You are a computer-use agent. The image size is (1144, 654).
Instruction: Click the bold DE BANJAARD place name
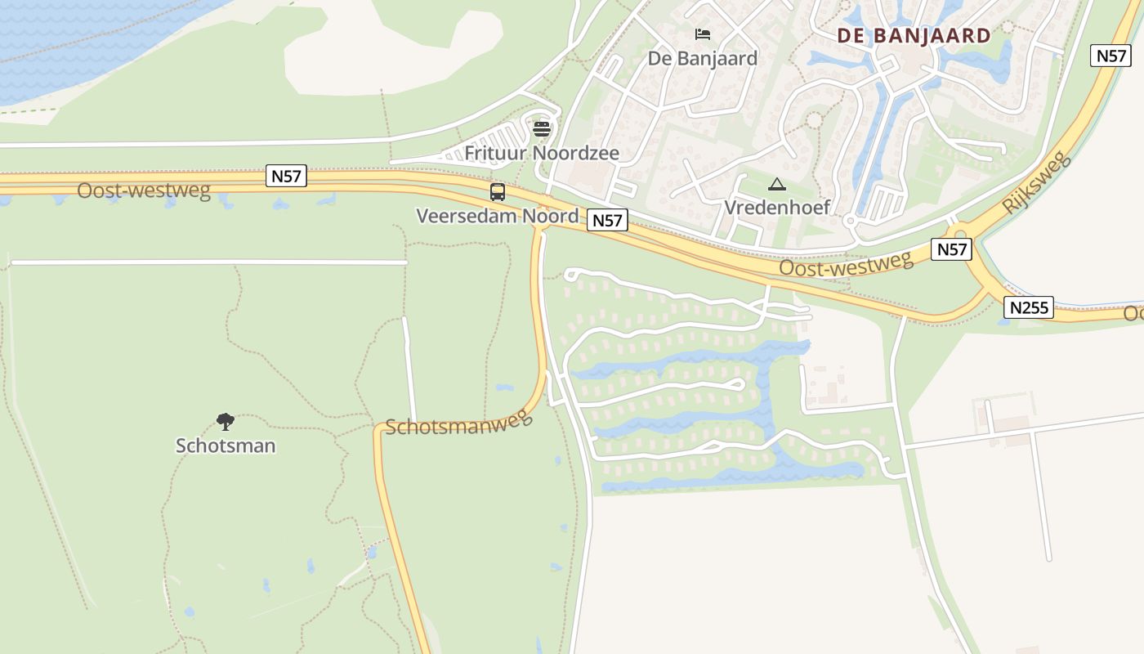pos(914,36)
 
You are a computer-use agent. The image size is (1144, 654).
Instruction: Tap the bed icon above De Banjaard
pos(703,34)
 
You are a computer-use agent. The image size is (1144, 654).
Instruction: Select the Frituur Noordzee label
pos(542,153)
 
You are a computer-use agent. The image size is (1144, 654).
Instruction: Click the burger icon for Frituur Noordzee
pos(541,128)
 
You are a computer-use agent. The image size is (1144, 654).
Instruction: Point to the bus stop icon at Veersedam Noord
pos(497,192)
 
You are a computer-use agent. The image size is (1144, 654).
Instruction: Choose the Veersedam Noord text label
pos(497,216)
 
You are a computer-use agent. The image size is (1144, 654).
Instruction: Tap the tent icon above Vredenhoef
pos(776,184)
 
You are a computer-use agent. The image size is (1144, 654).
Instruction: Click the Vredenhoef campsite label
pos(777,207)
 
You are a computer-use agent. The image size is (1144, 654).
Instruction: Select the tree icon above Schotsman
pos(226,422)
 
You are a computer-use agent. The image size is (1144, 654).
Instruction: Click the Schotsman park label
pos(226,446)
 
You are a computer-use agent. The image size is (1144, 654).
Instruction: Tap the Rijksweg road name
pos(1035,182)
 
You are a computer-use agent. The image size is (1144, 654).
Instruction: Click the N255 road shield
pos(1028,307)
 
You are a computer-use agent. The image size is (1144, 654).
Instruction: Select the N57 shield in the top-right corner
pos(1110,56)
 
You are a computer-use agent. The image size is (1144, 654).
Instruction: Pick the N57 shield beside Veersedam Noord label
pos(607,220)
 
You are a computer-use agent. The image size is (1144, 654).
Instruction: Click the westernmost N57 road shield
pos(286,176)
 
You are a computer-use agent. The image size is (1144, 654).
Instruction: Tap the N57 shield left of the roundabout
pos(951,249)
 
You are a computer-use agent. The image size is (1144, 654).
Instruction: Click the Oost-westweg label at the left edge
pos(144,190)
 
